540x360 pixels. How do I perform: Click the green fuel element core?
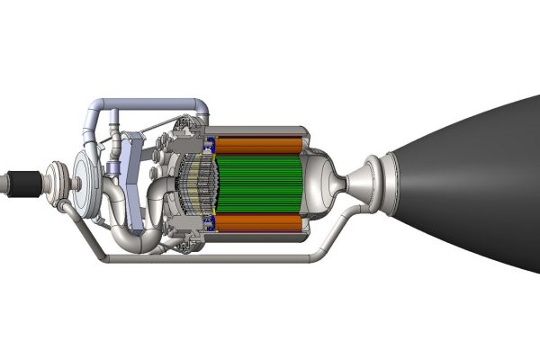(261, 184)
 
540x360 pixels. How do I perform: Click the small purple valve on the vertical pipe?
(113, 170)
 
